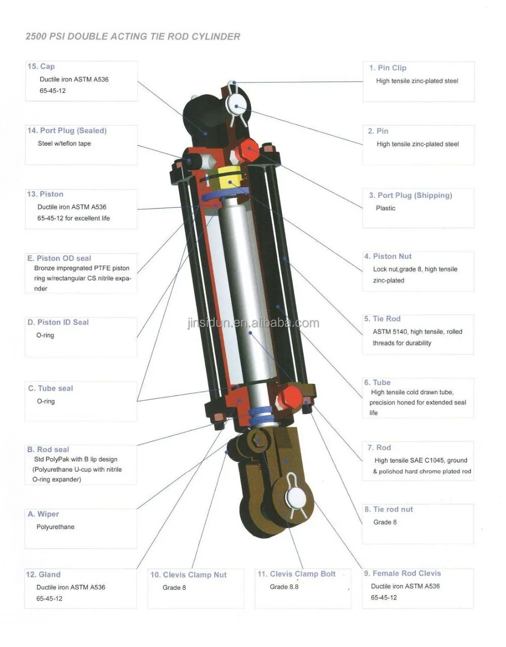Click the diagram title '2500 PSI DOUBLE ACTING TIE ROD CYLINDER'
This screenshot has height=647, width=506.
tap(133, 36)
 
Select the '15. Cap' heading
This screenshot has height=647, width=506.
tap(41, 66)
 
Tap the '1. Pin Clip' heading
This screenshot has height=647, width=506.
tap(388, 68)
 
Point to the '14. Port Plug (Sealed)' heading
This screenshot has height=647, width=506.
tap(67, 131)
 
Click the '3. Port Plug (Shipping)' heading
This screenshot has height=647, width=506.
tap(410, 195)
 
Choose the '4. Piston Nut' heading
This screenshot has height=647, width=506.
tap(388, 257)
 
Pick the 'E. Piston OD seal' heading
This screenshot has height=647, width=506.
tap(59, 258)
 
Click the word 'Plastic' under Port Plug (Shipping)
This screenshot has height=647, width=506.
tap(386, 208)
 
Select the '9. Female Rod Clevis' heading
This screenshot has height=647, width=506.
tap(402, 574)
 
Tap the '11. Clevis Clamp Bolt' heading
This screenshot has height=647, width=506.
tap(297, 574)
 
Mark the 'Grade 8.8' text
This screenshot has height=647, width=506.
tap(284, 587)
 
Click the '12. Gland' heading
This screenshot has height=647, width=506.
tap(43, 575)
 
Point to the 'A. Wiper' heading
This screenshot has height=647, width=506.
tap(44, 514)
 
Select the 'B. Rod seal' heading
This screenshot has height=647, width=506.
tap(48, 450)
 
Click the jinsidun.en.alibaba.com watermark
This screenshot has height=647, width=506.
tap(253, 323)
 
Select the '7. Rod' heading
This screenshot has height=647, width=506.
tap(379, 448)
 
